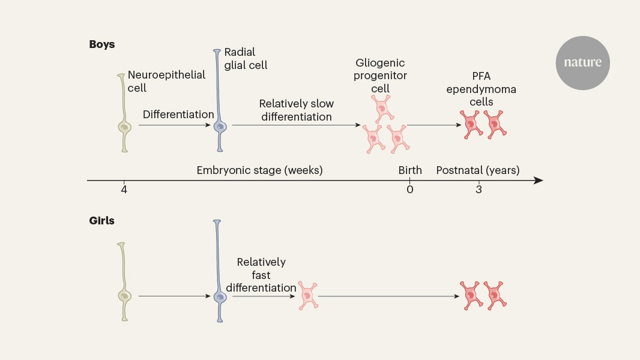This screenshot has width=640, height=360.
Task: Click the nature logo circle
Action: (582, 63)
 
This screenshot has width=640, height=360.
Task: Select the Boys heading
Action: (101, 44)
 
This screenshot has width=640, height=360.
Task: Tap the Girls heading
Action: (101, 221)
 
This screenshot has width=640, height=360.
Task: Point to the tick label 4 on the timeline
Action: (124, 190)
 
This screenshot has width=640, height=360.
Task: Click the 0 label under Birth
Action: (410, 190)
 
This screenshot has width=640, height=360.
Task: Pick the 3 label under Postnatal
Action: (478, 190)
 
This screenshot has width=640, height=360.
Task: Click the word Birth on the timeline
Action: (410, 170)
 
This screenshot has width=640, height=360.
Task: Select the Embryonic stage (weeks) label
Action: (259, 170)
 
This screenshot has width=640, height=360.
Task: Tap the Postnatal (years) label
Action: (478, 170)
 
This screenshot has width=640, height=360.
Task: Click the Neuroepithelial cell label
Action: (166, 81)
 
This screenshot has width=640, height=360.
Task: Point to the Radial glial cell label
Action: (246, 59)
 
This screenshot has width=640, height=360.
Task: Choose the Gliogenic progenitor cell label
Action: (381, 76)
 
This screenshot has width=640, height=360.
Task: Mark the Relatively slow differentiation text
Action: (296, 110)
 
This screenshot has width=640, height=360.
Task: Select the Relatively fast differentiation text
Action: (261, 275)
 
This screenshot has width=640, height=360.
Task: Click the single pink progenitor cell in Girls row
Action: (308, 295)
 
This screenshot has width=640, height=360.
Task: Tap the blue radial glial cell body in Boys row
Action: (220, 126)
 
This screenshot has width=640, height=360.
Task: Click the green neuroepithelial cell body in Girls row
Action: (124, 296)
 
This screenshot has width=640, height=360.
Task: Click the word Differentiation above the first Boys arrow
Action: (178, 114)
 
